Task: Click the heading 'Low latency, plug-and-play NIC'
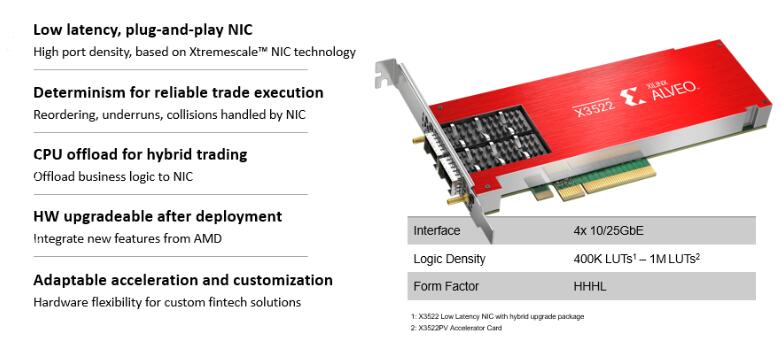tap(142, 29)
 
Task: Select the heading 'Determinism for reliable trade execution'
tap(178, 92)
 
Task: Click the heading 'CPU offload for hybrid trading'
tap(140, 154)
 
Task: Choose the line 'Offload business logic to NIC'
tap(112, 177)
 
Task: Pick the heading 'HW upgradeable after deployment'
tap(157, 216)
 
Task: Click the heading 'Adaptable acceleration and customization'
tap(183, 279)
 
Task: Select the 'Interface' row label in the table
tap(437, 231)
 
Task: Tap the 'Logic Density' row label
tap(449, 259)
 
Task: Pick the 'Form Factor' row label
tap(444, 287)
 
